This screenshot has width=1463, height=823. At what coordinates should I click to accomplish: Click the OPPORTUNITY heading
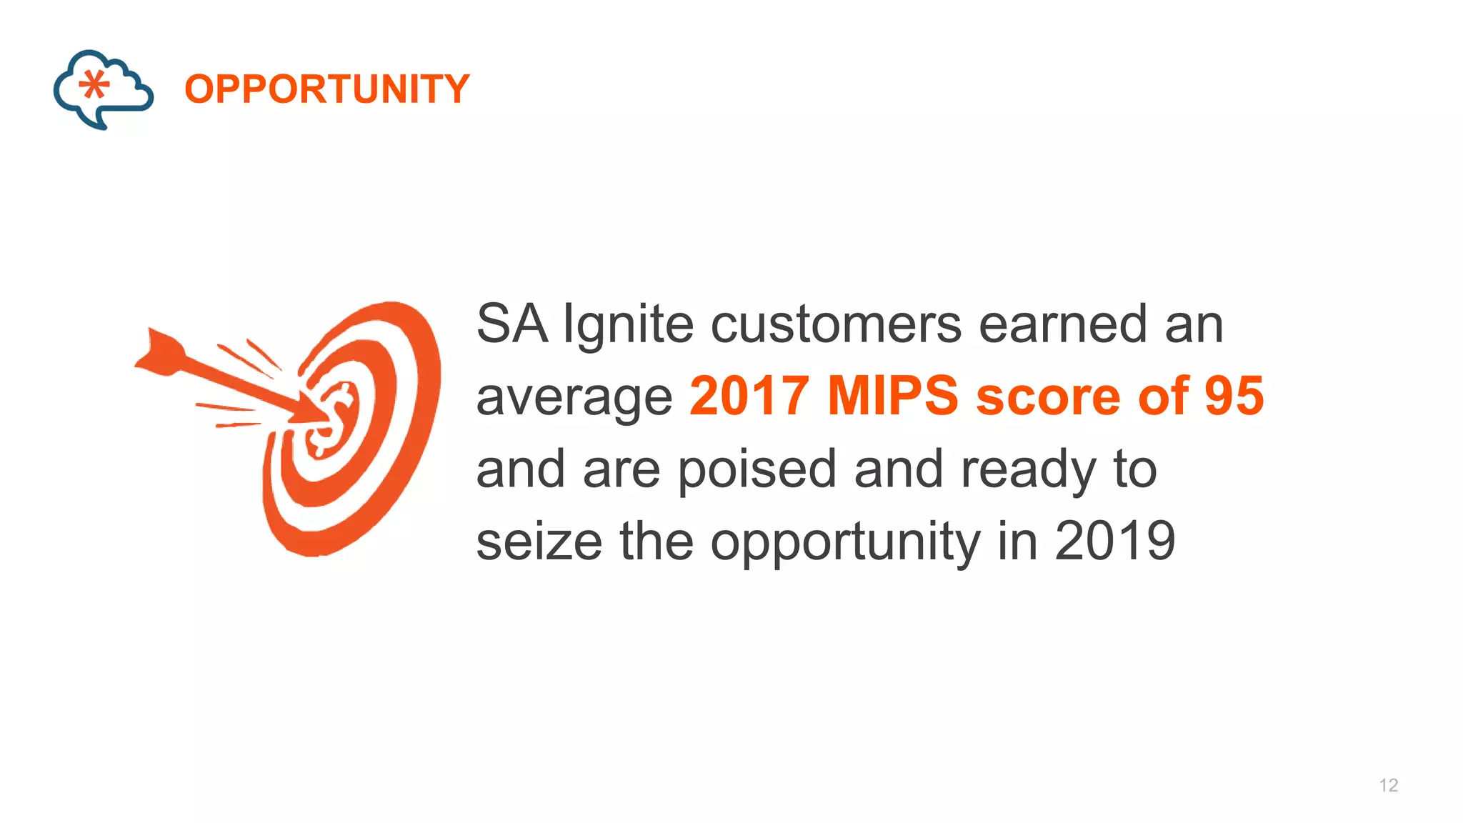[327, 89]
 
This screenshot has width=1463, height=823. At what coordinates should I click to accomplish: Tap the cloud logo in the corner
[103, 89]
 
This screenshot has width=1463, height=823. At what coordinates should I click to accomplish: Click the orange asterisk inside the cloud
[94, 85]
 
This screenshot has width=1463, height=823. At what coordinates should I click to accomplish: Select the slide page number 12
[1388, 785]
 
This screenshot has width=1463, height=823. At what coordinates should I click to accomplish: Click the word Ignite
[628, 325]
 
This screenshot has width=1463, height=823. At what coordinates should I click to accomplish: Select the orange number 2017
[749, 396]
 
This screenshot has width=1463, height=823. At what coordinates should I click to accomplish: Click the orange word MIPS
[892, 396]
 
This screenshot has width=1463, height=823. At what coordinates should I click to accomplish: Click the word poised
[757, 471]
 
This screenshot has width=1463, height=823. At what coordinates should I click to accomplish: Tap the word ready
[1027, 471]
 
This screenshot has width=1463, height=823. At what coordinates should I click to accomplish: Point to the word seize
[539, 542]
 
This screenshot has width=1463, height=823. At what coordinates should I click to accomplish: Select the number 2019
[1114, 542]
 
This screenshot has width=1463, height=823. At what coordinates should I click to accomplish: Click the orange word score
[1048, 396]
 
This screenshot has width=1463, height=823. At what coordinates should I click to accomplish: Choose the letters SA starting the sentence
[511, 325]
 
